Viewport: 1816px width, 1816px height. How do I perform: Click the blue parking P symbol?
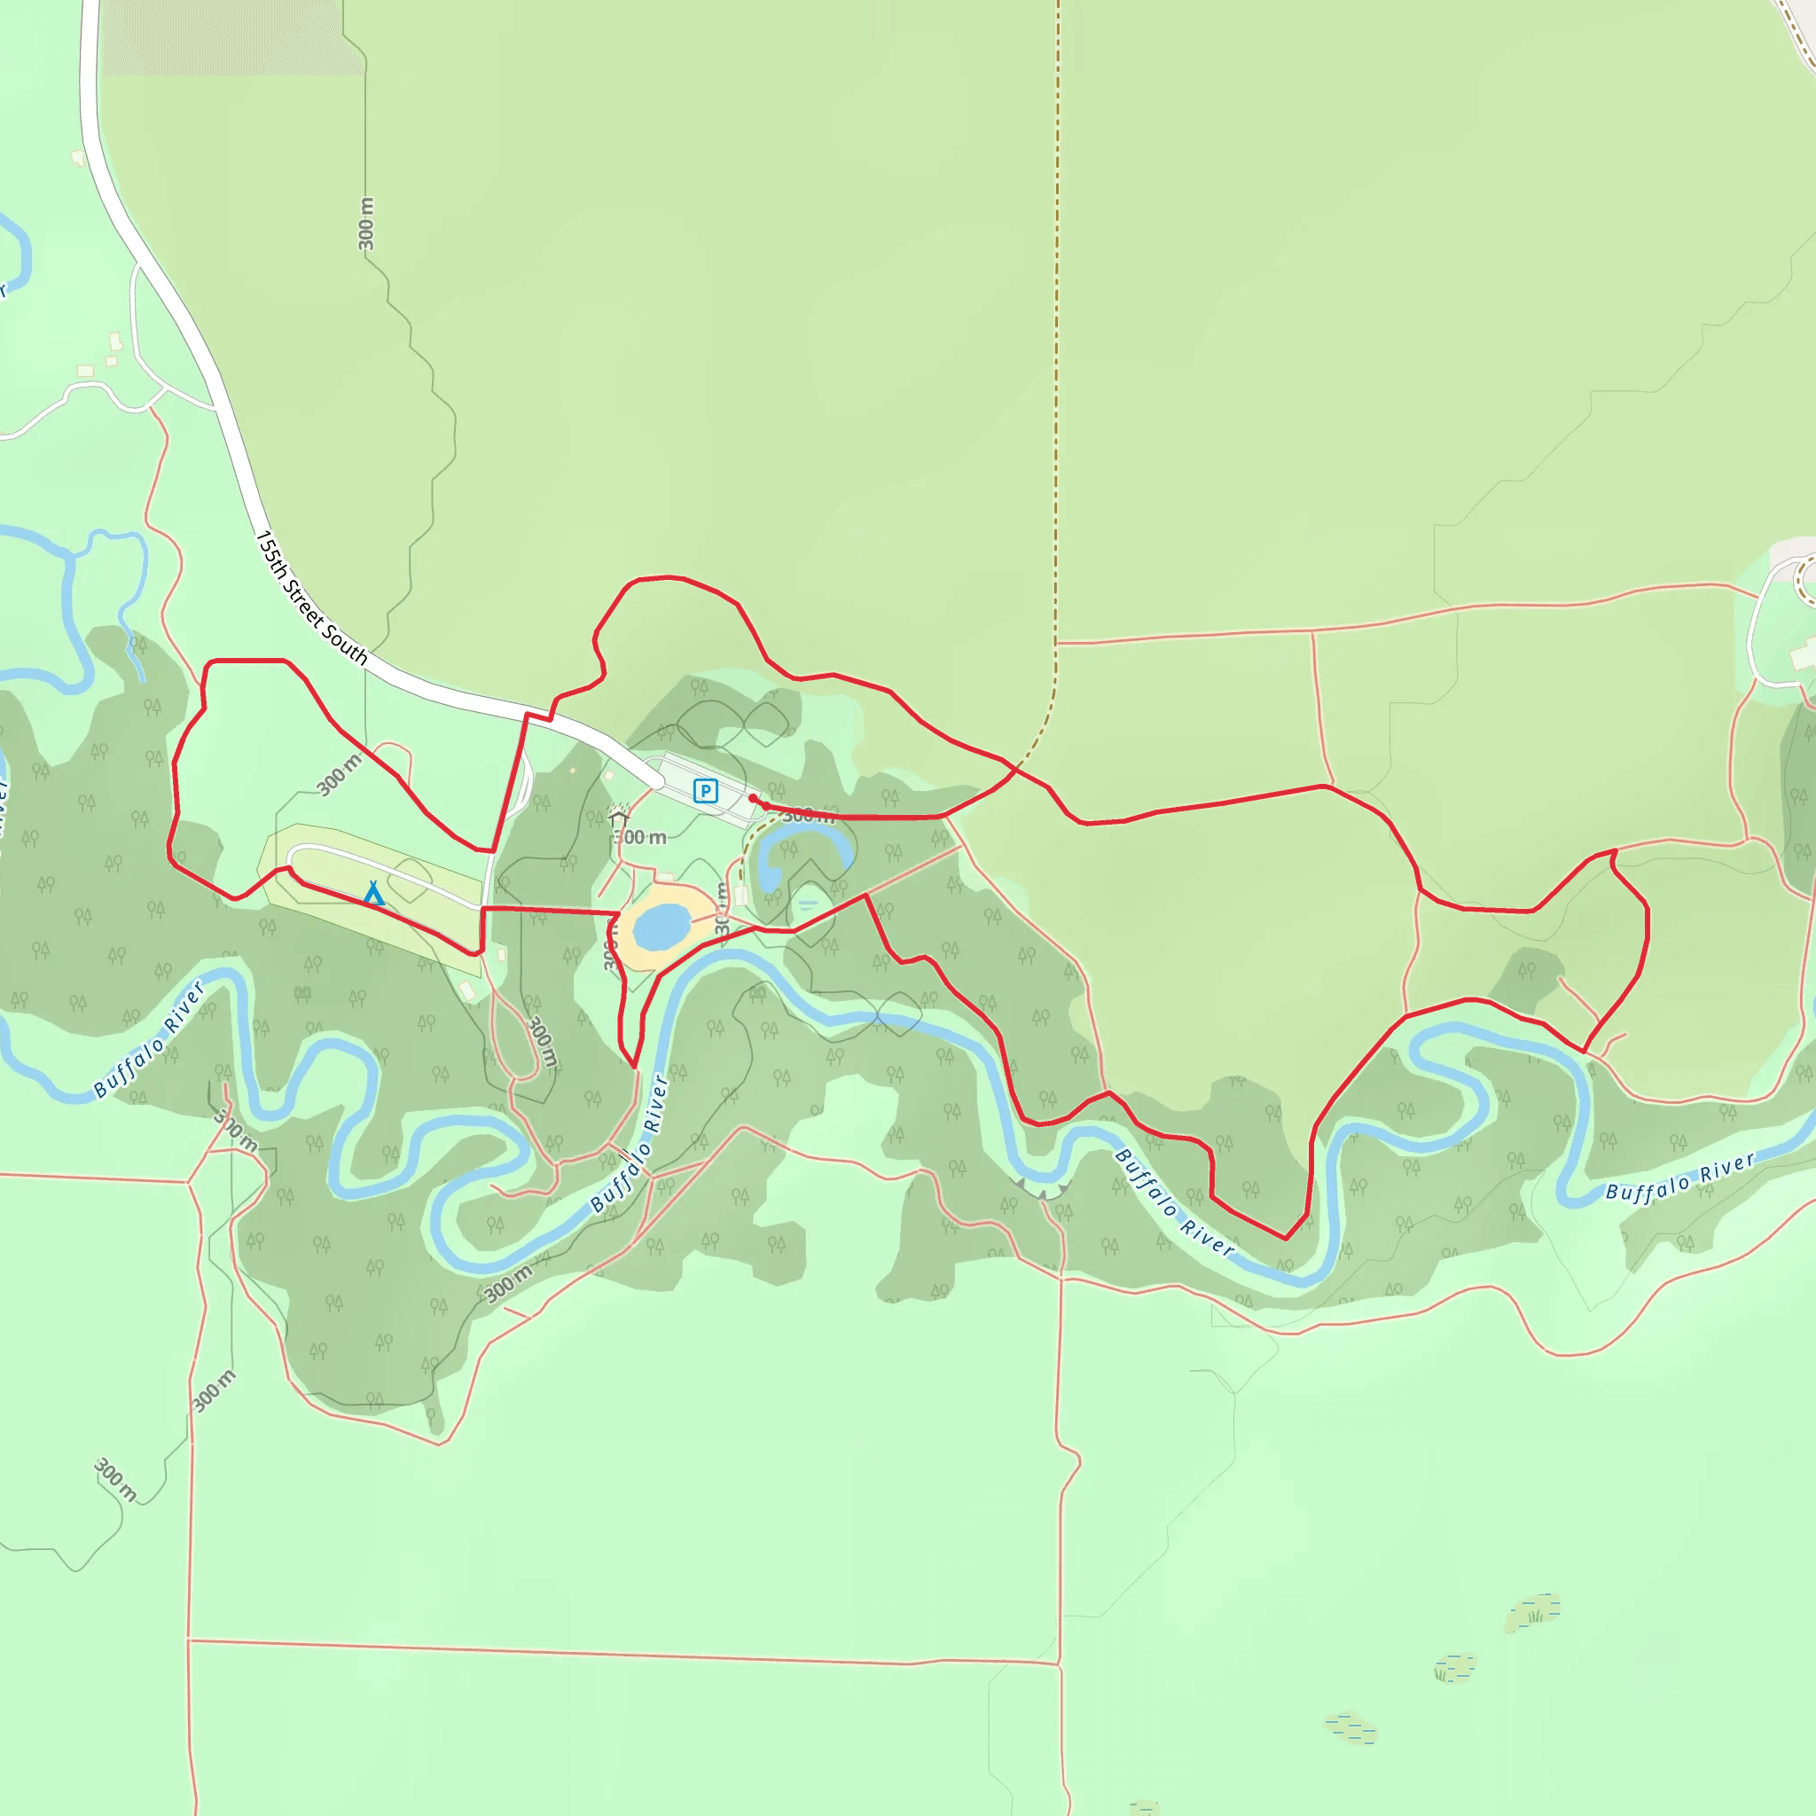pyautogui.click(x=705, y=790)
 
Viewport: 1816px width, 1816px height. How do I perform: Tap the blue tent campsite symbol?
pyautogui.click(x=373, y=893)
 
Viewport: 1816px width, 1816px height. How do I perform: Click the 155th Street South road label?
pyautogui.click(x=311, y=598)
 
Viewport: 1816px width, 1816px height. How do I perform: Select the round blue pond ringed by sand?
pyautogui.click(x=661, y=927)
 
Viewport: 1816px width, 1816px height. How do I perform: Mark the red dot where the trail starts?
pyautogui.click(x=753, y=798)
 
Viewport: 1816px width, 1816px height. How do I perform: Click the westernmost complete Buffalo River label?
pyautogui.click(x=150, y=1038)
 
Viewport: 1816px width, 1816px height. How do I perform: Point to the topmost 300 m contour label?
pyautogui.click(x=365, y=223)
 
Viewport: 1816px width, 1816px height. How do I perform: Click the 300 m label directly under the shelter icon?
pyautogui.click(x=641, y=836)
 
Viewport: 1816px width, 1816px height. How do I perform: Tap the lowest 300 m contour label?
pyautogui.click(x=115, y=1481)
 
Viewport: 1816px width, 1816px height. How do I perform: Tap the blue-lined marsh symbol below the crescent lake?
pyautogui.click(x=809, y=904)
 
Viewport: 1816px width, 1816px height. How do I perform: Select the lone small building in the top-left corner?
pyautogui.click(x=78, y=158)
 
